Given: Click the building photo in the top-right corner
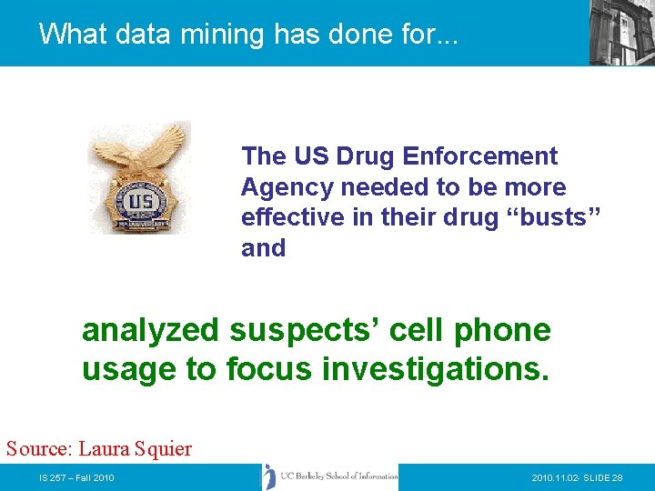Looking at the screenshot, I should [x=621, y=32].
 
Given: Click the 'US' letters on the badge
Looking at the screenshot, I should [x=140, y=201].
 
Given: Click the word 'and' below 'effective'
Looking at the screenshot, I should [x=263, y=248].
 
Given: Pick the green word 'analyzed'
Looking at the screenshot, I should [x=150, y=331].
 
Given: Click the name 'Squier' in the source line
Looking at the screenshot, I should [x=161, y=448].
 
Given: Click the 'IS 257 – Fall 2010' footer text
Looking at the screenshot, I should [x=76, y=478].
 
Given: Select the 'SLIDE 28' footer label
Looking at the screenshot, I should [x=604, y=478].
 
